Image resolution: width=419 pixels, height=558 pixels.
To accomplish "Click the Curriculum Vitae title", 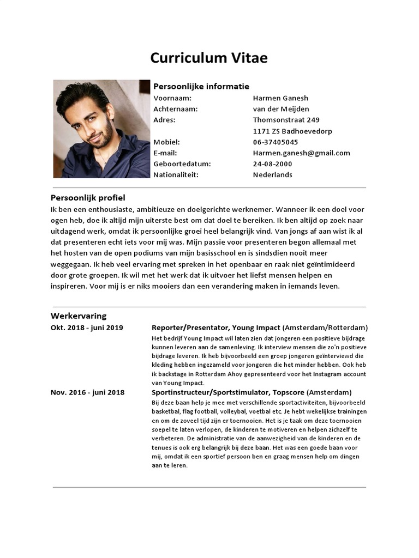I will pyautogui.click(x=209, y=58).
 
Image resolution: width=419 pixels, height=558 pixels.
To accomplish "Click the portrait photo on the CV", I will pyautogui.click(x=101, y=129).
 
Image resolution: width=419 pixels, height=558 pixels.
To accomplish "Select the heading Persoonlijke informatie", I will pyautogui.click(x=201, y=86).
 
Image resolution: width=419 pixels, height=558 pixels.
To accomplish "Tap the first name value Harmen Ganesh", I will pyautogui.click(x=280, y=98).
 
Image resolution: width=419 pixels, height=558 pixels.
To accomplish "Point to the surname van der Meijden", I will pyautogui.click(x=281, y=109).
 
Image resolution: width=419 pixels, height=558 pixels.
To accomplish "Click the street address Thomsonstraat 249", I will pyautogui.click(x=286, y=120).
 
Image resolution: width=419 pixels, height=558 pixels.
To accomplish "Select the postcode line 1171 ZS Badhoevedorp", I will pyautogui.click(x=292, y=131).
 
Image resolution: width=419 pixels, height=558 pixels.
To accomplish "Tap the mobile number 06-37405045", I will pyautogui.click(x=276, y=142).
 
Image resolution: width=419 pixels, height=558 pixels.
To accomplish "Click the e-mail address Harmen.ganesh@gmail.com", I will pyautogui.click(x=301, y=153).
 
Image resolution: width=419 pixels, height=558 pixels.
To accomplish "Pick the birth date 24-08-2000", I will pyautogui.click(x=272, y=164).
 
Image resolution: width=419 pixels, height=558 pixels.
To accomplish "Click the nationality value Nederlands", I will pyautogui.click(x=272, y=175).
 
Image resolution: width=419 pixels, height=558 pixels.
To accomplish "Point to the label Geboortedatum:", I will pyautogui.click(x=182, y=164).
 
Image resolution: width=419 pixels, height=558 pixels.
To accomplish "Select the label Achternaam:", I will pyautogui.click(x=175, y=109).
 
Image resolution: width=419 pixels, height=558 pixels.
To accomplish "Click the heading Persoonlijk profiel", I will pyautogui.click(x=88, y=198).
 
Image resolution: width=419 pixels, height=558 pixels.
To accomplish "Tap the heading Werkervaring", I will pyautogui.click(x=79, y=316).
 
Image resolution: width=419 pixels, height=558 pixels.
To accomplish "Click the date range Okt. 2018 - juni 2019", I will pyautogui.click(x=87, y=327).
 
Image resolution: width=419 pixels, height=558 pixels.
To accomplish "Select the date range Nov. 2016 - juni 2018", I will pyautogui.click(x=87, y=392).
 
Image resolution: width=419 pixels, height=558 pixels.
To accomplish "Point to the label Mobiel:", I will pyautogui.click(x=166, y=142).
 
